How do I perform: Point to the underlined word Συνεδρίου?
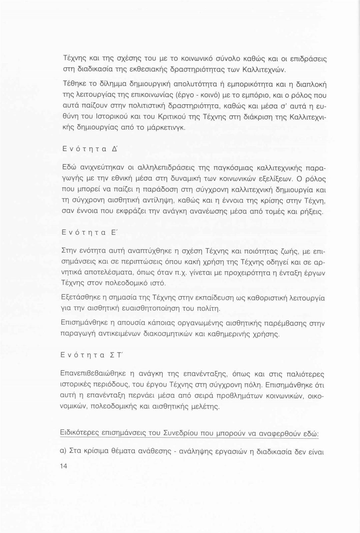pos(180,433)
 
